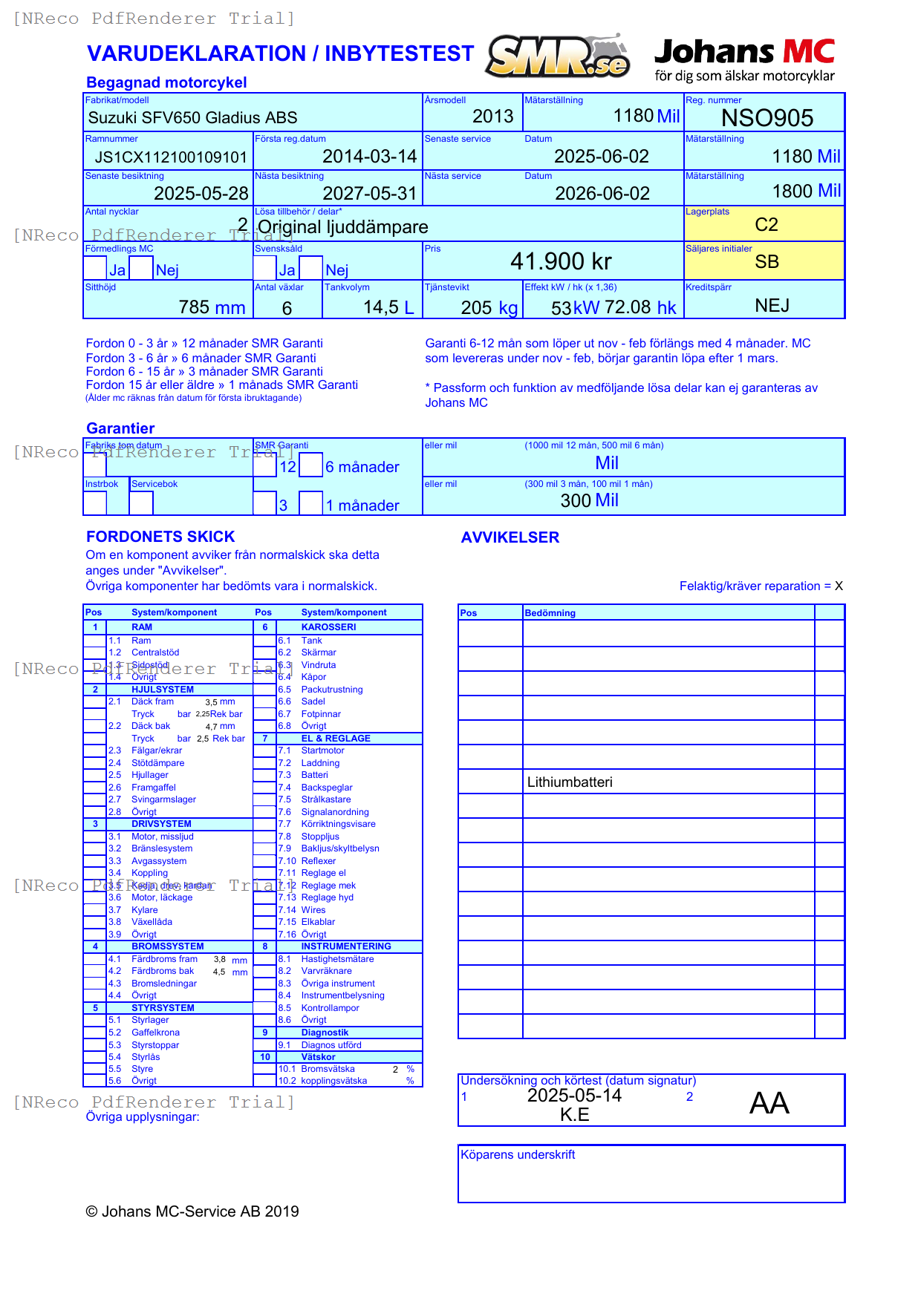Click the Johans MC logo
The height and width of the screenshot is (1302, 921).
[x=744, y=59]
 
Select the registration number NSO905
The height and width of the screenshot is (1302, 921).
[x=767, y=118]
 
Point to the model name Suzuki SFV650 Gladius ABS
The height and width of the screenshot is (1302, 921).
[x=192, y=118]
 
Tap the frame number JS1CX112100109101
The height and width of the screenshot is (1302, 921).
[x=170, y=157]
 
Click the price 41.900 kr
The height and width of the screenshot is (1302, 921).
[x=561, y=261]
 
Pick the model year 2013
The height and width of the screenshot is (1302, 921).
[x=492, y=117]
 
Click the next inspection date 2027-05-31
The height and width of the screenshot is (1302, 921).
[x=369, y=194]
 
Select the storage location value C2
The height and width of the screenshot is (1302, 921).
[x=766, y=225]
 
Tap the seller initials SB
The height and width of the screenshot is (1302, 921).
[x=767, y=262]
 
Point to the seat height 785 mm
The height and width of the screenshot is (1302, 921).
[x=212, y=307]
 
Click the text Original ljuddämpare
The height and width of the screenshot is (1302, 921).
[x=342, y=227]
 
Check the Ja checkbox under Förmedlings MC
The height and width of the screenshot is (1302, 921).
[x=95, y=268]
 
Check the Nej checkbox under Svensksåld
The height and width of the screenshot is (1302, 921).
[x=311, y=268]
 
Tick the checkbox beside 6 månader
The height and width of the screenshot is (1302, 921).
[x=311, y=465]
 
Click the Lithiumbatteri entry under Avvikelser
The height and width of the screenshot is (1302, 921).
[x=570, y=782]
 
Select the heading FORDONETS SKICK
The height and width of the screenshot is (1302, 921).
[x=160, y=537]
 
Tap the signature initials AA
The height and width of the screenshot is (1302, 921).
[x=769, y=1103]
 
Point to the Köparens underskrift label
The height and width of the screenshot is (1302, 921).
[x=518, y=1155]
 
